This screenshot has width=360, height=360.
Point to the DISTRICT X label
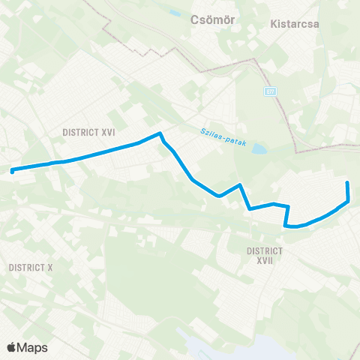30,267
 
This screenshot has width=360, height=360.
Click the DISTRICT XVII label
265,255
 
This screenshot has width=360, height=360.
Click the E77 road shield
271,91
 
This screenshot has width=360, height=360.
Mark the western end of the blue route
13,171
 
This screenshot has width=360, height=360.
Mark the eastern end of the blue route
347,183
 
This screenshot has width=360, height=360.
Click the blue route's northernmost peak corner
160,134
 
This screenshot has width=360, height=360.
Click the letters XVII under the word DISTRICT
265,260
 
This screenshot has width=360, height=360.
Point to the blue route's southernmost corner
286,225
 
